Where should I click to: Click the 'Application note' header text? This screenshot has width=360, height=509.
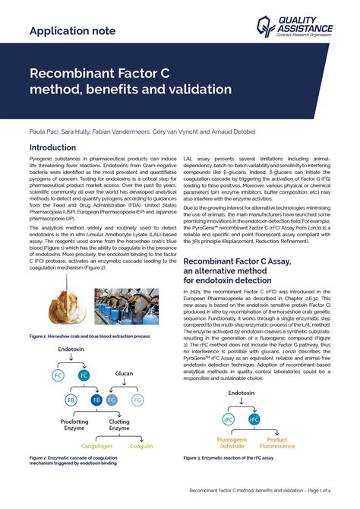tap(72, 30)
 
